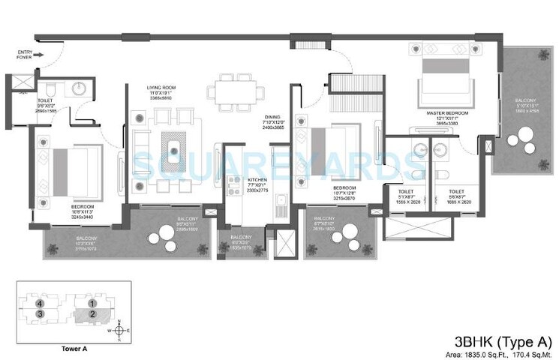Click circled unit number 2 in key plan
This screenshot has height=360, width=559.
[x=92, y=313]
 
